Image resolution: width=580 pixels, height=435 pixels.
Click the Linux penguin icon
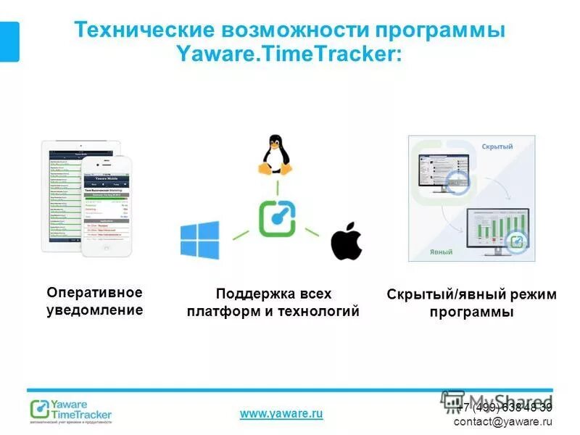[275, 154]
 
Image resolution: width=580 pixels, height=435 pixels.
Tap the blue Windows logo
[199, 240]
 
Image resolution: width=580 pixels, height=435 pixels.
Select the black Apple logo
[346, 242]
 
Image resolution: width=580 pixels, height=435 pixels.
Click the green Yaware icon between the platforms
[276, 217]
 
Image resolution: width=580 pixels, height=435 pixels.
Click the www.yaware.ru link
[281, 413]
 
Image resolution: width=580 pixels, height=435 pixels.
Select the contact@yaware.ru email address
[502, 421]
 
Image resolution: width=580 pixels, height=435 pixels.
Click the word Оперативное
[94, 292]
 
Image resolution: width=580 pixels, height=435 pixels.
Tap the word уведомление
[94, 310]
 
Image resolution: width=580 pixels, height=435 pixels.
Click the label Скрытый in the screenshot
[497, 146]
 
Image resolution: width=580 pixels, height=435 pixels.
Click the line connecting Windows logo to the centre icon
[240, 232]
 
